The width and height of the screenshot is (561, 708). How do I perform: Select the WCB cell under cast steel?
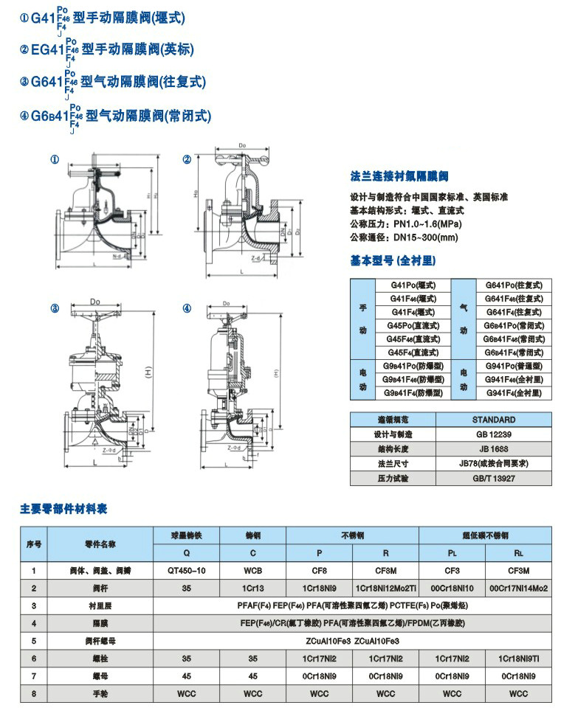click(252, 570)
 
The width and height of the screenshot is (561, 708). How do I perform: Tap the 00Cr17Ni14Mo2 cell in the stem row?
click(518, 588)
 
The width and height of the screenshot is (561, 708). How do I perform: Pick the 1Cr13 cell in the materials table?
click(252, 588)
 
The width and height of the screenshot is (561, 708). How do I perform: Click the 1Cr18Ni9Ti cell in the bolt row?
click(518, 658)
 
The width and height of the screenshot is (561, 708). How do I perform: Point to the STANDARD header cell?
click(493, 420)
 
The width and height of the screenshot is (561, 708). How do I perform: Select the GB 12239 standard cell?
click(493, 434)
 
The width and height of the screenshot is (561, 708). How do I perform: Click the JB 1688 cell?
click(493, 448)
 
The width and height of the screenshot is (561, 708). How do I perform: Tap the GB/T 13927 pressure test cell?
click(493, 478)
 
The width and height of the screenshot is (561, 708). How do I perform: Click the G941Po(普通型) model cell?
click(513, 367)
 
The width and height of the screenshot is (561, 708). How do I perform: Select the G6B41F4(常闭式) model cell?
click(513, 353)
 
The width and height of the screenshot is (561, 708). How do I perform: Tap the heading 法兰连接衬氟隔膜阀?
click(399, 176)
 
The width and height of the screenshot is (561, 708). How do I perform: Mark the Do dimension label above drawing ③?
click(94, 301)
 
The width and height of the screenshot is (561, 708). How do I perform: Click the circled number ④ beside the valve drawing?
click(187, 308)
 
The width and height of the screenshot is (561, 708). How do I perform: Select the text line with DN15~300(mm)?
click(404, 237)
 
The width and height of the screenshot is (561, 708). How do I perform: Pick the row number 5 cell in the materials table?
click(34, 641)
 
